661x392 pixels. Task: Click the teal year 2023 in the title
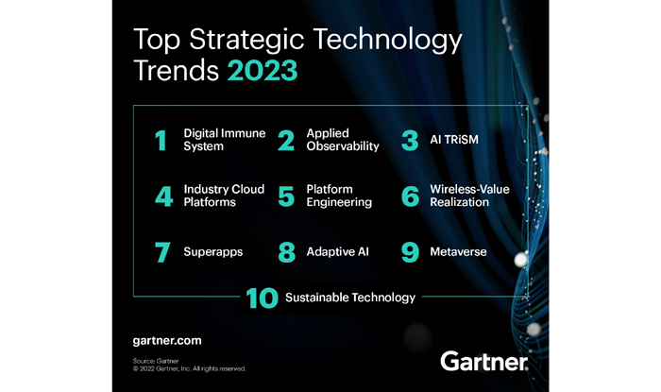pos(263,71)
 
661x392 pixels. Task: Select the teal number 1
pos(161,141)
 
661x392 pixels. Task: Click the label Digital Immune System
pos(225,140)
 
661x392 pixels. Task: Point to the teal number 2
pos(286,141)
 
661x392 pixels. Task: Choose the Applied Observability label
pos(343,140)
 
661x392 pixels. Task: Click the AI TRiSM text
pos(454,140)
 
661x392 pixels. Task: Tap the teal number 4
pos(164,196)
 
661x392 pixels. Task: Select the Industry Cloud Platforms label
pos(225,196)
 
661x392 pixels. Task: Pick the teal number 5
pos(286,196)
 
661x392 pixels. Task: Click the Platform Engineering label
pos(339,196)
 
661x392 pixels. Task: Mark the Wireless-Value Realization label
pos(469,196)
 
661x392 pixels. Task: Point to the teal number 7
pos(162,252)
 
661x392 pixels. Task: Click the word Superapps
pos(213,252)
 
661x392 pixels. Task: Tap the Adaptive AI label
pos(338,251)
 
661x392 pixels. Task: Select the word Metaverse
pos(458,251)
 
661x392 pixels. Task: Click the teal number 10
pos(262,298)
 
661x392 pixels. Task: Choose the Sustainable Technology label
pos(350,298)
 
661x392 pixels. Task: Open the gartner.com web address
pos(167,341)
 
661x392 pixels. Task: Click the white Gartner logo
pos(483,361)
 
